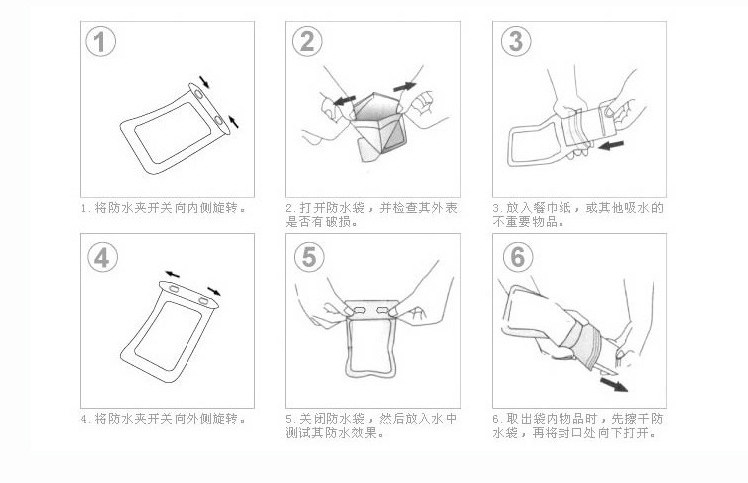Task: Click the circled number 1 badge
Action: pos(100,42)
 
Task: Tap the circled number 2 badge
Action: pos(307,42)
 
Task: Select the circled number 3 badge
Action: pos(516,41)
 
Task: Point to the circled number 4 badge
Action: pos(102,257)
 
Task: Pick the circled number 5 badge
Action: pos(309,257)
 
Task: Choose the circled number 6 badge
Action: pos(518,257)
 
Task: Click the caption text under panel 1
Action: pos(164,208)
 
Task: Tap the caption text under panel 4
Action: pos(164,419)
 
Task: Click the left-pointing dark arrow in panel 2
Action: pos(344,100)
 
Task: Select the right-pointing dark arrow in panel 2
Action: pos(405,87)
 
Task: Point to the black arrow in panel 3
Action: pos(611,144)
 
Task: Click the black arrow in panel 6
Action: pos(614,384)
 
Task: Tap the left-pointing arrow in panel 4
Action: pos(172,274)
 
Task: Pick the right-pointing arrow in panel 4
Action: pos(214,291)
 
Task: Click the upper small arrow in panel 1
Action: pos(204,82)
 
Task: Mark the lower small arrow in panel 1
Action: pos(233,121)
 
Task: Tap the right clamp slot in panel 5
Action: pos(384,311)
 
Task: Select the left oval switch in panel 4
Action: pos(174,289)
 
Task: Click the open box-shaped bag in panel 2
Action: pos(379,125)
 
